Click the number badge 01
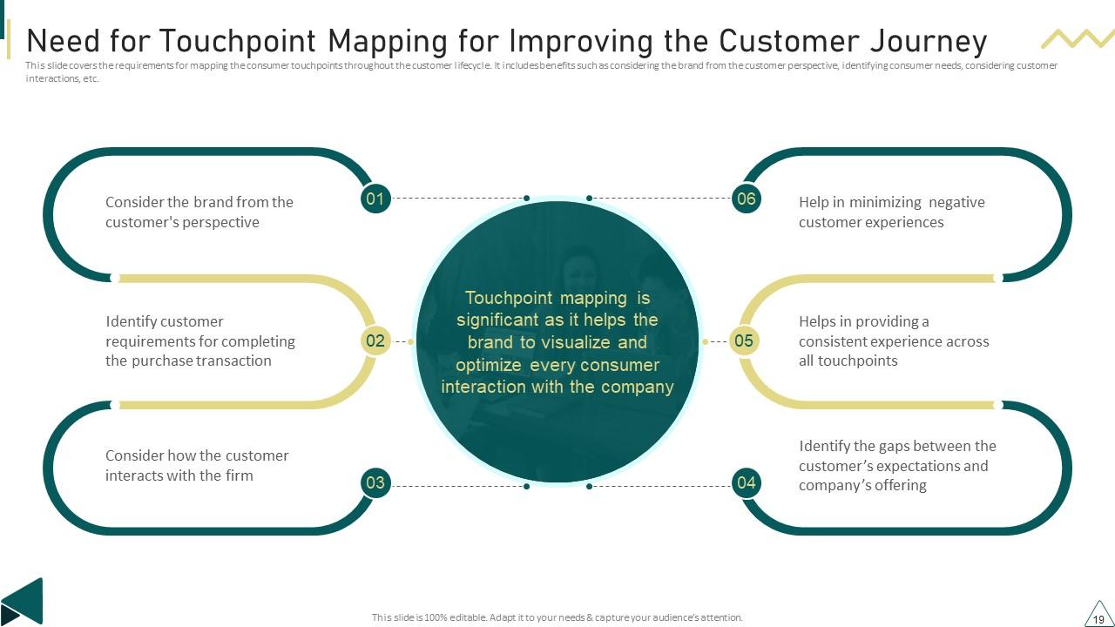[375, 199]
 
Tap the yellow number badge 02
[375, 340]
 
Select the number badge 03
[375, 482]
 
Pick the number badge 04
[747, 482]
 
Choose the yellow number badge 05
[744, 340]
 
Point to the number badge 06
[747, 199]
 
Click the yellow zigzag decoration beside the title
[1078, 38]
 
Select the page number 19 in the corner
[1098, 618]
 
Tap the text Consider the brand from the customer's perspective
[199, 212]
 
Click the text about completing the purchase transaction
[200, 341]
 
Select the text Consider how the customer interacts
[197, 465]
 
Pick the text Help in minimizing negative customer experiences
[891, 212]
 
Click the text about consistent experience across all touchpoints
[894, 341]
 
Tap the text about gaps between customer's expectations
[897, 465]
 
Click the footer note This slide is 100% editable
[557, 617]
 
